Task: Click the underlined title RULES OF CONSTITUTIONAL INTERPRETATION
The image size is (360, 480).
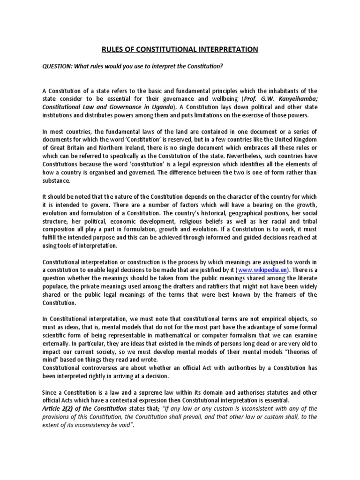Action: click(180, 49)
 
